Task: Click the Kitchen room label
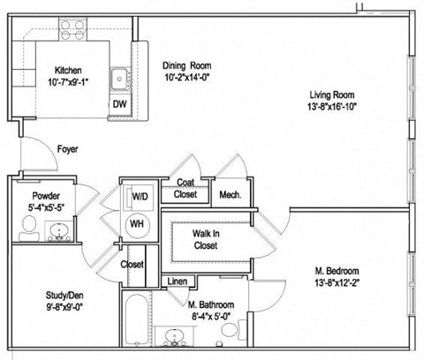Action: (68, 70)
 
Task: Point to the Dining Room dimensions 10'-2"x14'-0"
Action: (188, 77)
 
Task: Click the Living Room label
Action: (332, 94)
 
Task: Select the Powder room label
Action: (45, 195)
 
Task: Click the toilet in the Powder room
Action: (27, 229)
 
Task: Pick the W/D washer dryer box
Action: (140, 195)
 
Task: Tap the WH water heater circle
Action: (138, 224)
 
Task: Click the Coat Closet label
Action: (185, 187)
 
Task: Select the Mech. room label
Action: (231, 194)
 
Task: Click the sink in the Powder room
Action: (58, 232)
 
